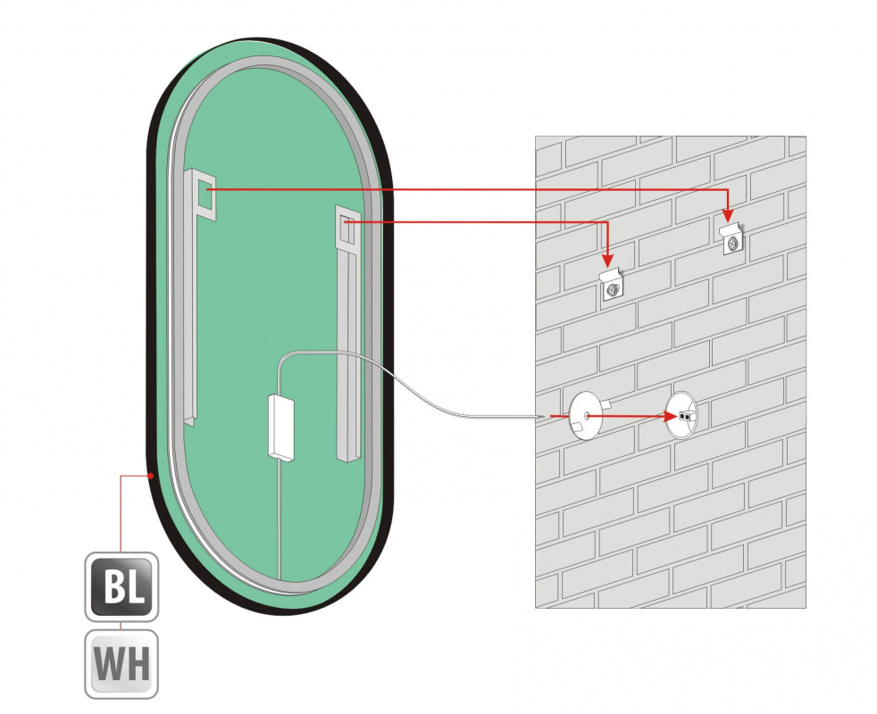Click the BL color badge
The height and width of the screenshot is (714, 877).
[121, 587]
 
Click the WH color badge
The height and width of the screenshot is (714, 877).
[121, 664]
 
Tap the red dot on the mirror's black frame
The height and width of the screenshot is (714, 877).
[150, 476]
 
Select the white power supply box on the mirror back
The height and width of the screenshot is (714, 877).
[282, 428]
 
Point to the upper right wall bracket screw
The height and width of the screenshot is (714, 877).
[732, 242]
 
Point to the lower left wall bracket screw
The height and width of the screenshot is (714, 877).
[613, 290]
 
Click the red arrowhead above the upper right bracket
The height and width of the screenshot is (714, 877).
[727, 215]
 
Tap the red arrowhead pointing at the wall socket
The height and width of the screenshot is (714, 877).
[671, 416]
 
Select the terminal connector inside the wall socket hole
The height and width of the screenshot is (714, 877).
[686, 416]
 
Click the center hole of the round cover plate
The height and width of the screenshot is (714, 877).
[584, 416]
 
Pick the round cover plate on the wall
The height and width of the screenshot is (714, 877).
[584, 417]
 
